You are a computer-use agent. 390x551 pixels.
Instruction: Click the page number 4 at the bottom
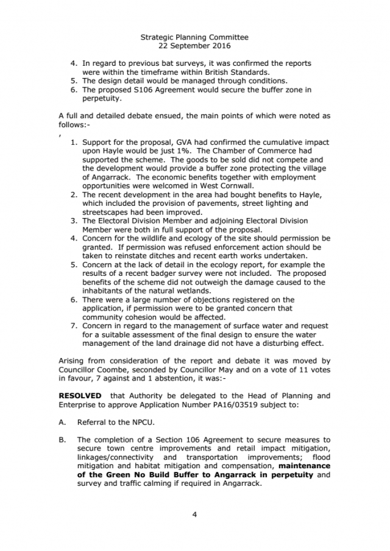point(194,514)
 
